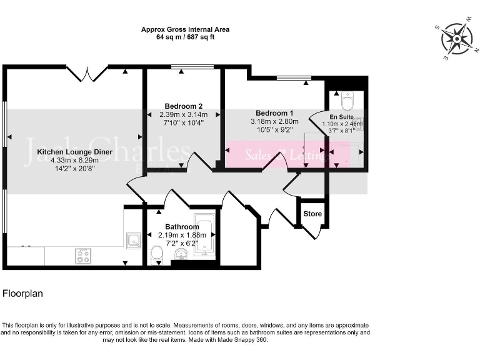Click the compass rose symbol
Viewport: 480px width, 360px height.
click(457, 39)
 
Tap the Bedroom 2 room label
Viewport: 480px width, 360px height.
click(183, 106)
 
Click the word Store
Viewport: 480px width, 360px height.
click(312, 214)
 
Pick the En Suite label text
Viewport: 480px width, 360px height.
click(341, 117)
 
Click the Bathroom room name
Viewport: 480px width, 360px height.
click(182, 227)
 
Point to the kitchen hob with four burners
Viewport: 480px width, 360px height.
click(83, 255)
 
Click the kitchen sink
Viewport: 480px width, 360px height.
click(133, 239)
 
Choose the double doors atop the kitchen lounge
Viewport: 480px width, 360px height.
click(88, 74)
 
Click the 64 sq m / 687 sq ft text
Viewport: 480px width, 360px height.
click(185, 37)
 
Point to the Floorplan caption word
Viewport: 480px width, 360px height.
click(23, 292)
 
